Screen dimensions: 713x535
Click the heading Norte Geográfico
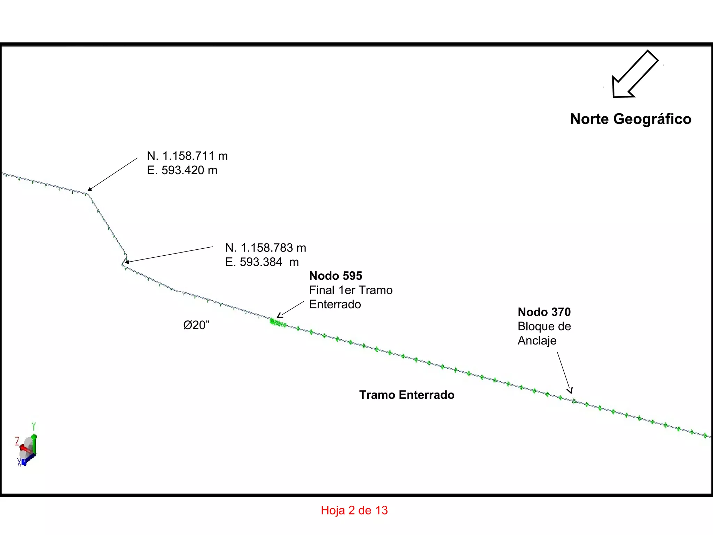[631, 119]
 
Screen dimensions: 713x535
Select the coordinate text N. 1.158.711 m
[187, 156]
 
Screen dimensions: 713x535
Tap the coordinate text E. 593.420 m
[182, 170]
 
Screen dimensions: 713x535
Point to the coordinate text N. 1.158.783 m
[266, 248]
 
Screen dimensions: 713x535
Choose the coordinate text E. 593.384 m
[262, 262]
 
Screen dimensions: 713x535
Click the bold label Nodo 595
[336, 276]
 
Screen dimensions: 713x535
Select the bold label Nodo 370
[544, 312]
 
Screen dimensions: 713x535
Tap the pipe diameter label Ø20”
[196, 325]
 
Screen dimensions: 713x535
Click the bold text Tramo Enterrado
[407, 395]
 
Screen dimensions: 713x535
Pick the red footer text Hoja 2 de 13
[354, 510]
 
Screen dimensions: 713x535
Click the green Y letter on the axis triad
[34, 426]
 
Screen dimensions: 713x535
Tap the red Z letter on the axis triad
[17, 442]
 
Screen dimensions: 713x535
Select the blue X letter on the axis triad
[19, 462]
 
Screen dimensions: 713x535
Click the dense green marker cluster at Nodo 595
[278, 323]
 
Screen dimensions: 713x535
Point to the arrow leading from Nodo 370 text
[564, 373]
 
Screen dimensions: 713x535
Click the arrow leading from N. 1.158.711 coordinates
[112, 175]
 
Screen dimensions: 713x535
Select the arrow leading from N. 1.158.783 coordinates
[169, 255]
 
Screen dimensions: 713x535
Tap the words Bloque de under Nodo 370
[544, 326]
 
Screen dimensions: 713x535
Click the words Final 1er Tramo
[351, 290]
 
